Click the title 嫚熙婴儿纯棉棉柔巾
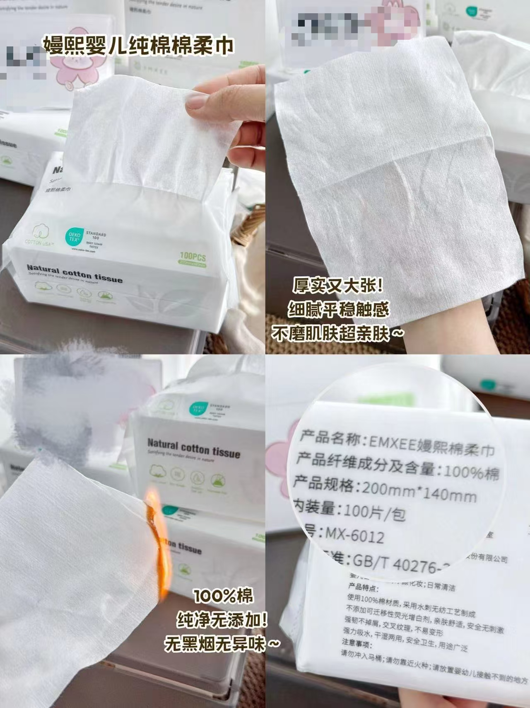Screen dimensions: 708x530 [x=139, y=46]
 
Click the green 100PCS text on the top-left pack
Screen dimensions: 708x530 [x=193, y=256]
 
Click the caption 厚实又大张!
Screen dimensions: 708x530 [x=338, y=286]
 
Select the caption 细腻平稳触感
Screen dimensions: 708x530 [x=338, y=310]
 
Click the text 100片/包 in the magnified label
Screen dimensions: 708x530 [x=375, y=513]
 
